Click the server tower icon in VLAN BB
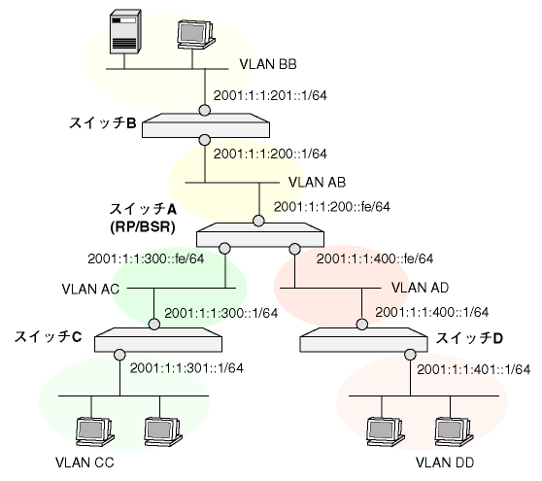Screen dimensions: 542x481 coord(125,31)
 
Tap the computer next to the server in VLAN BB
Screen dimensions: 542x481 coord(196,35)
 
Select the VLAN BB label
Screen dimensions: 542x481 coord(268,64)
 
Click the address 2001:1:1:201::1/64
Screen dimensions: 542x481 coord(270,95)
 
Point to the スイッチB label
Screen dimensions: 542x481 coord(103,122)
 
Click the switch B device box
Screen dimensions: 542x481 coord(206,125)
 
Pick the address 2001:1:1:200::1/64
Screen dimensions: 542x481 coord(270,154)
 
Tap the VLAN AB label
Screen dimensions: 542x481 coord(317,183)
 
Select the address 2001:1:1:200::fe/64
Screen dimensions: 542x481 coord(332,207)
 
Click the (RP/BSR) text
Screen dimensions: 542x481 coord(143,227)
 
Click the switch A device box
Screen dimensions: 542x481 coord(260,234)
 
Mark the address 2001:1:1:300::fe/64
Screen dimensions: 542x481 coord(146,258)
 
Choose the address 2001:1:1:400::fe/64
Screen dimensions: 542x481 coord(375,258)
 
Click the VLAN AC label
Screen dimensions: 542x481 coord(90,289)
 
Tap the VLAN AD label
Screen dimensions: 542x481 coord(420,288)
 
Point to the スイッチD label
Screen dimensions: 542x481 coord(469,338)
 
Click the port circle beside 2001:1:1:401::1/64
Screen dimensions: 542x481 coord(410,355)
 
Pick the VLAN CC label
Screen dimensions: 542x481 coord(85,463)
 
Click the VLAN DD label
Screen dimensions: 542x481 coord(445,463)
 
